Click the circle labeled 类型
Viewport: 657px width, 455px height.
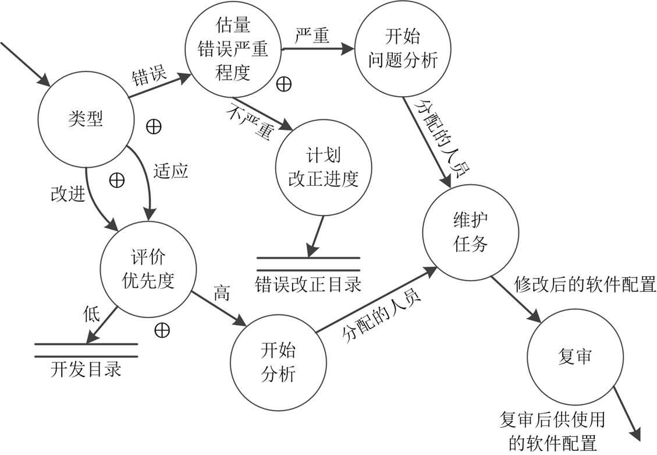click(x=85, y=121)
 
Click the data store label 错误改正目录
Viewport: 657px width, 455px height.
click(x=308, y=285)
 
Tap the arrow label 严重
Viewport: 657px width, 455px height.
click(x=312, y=36)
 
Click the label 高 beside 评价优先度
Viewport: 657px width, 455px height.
click(x=222, y=292)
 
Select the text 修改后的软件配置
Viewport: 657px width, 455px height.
click(x=585, y=285)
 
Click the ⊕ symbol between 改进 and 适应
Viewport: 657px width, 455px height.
click(x=117, y=181)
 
